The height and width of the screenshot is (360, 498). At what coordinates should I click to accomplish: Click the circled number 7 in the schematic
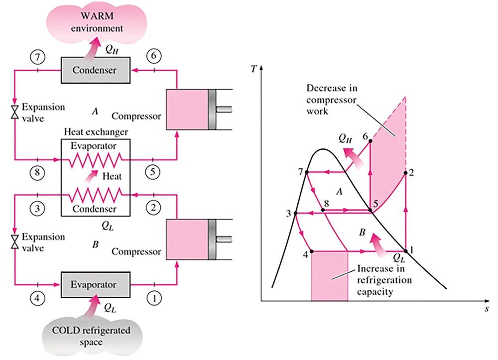38,57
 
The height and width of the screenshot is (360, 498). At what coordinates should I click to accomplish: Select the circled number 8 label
38,173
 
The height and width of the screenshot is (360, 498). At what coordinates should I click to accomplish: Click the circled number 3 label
38,209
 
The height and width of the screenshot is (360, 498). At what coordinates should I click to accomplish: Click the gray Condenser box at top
95,70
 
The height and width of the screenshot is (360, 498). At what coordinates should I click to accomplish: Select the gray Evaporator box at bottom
95,285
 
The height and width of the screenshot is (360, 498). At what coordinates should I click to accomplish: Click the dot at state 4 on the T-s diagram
311,251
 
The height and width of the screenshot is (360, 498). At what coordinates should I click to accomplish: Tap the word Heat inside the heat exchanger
112,176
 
